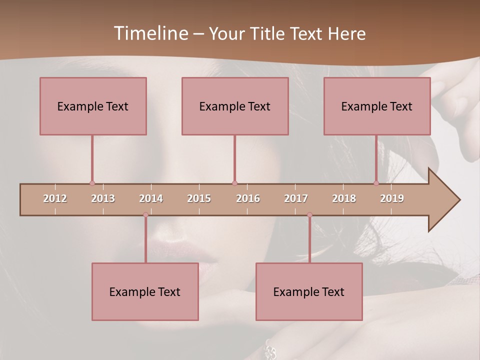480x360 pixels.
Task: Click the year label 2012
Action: pyautogui.click(x=55, y=198)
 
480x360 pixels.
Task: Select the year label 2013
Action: pyautogui.click(x=103, y=198)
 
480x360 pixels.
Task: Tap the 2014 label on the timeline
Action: pyautogui.click(x=151, y=198)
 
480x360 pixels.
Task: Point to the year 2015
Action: pyautogui.click(x=199, y=198)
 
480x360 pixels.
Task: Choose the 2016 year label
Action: pyautogui.click(x=248, y=198)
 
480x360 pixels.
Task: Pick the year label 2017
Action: pyautogui.click(x=296, y=198)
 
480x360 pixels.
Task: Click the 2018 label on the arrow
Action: pyautogui.click(x=344, y=198)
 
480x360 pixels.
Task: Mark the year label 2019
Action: pyautogui.click(x=392, y=198)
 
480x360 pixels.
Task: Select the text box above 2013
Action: pyautogui.click(x=93, y=106)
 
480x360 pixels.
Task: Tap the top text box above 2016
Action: pyautogui.click(x=235, y=106)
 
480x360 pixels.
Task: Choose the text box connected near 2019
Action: pyautogui.click(x=377, y=106)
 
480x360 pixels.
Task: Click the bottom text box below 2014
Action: pyautogui.click(x=145, y=291)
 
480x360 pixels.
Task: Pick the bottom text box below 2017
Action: pyautogui.click(x=309, y=291)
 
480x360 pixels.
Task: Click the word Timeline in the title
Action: pyautogui.click(x=149, y=33)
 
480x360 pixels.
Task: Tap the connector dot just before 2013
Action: pyautogui.click(x=92, y=183)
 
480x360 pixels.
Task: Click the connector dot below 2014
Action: pyautogui.click(x=145, y=215)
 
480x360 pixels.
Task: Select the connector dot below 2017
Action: pyautogui.click(x=309, y=215)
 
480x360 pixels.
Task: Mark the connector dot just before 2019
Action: pyautogui.click(x=376, y=183)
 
